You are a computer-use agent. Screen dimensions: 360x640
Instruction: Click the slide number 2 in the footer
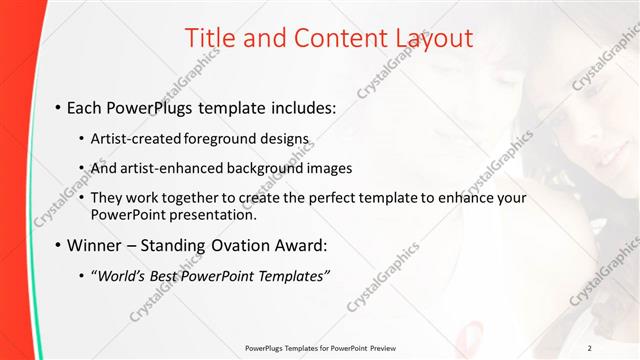tap(618, 348)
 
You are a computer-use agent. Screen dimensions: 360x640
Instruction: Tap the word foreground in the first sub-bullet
tap(228, 138)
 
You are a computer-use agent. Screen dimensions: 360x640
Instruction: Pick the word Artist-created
tap(136, 138)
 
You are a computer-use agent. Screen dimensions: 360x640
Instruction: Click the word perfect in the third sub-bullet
tap(321, 198)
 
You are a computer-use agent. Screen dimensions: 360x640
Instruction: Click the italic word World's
tap(123, 275)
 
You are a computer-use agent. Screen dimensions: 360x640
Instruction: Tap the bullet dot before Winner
tap(58, 244)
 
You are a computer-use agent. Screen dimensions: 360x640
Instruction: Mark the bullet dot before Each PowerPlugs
tap(58, 107)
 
